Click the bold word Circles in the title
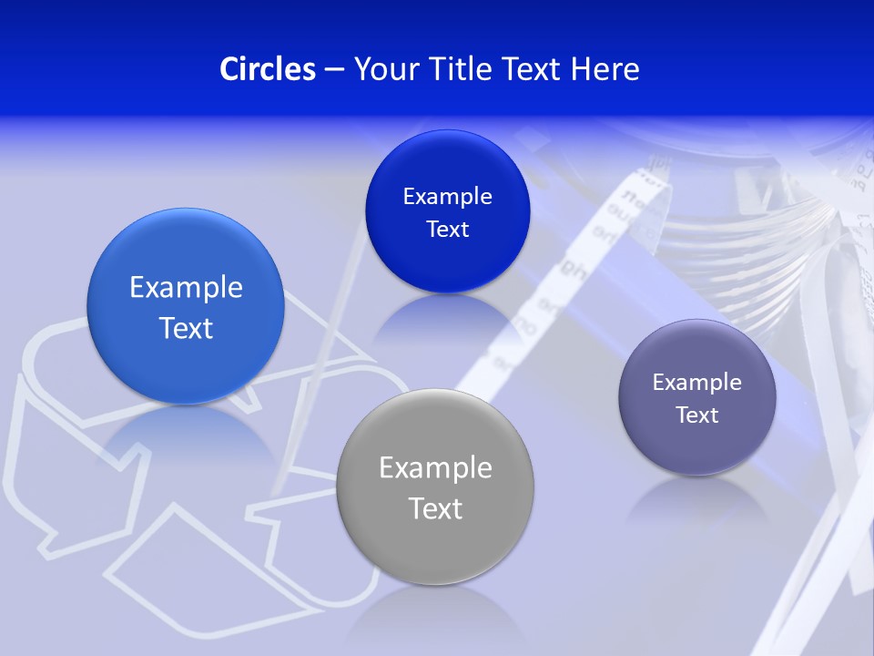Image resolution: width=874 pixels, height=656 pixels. point(268,68)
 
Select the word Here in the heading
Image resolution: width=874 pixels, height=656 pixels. point(605,68)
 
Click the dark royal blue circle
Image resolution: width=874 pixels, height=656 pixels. point(447,211)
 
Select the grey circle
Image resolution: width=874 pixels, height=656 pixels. point(435,487)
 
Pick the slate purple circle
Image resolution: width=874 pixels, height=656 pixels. point(697,397)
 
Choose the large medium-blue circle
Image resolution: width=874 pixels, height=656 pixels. point(186,306)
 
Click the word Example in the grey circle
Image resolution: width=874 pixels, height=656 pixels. point(435,467)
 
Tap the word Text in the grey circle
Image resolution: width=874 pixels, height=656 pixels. point(435,508)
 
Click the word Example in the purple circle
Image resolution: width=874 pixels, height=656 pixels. point(697,382)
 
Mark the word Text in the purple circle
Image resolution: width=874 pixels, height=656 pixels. point(697,415)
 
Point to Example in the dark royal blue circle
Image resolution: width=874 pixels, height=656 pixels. point(447,196)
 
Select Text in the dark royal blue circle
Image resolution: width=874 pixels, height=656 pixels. point(447,229)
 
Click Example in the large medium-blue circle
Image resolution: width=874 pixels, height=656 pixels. point(186,287)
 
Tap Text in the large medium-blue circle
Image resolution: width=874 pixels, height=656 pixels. point(186,328)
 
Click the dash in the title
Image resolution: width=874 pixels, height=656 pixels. point(334,68)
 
